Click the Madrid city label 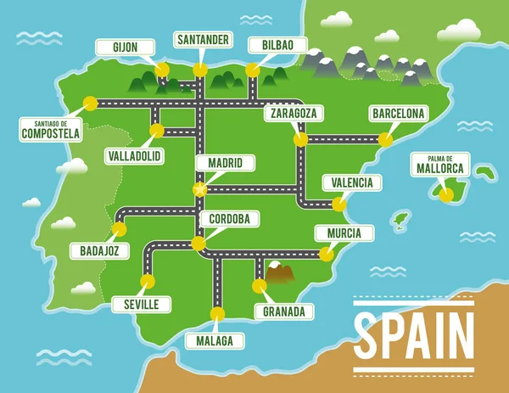[225, 163]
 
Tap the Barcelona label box [398, 114]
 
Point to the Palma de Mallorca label [439, 164]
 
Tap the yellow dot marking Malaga [217, 313]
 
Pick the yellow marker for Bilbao [252, 71]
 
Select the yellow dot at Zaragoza [299, 139]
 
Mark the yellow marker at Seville [148, 281]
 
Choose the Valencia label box [352, 182]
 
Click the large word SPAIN [414, 334]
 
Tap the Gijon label [126, 47]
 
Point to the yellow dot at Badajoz [119, 229]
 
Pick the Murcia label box [343, 233]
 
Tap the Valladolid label [135, 157]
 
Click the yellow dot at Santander [200, 69]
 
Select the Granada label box [283, 312]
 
